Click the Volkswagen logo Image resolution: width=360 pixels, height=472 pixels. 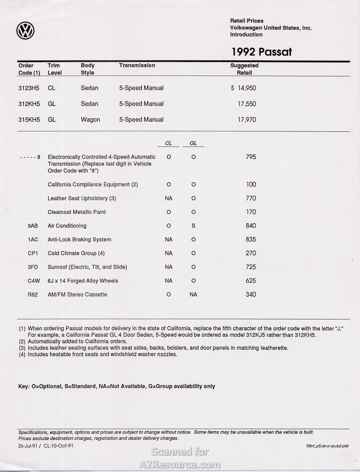(x=26, y=31)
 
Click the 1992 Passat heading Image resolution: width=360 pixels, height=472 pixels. (x=262, y=52)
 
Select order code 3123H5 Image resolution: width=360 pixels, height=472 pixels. (x=29, y=88)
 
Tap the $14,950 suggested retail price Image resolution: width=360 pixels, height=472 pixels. (x=244, y=88)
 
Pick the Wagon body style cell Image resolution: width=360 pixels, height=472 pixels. (x=90, y=120)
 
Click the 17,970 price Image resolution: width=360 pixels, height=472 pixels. (x=247, y=120)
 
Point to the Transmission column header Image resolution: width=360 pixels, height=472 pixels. (x=137, y=66)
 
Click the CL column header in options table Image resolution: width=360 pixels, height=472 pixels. (x=168, y=143)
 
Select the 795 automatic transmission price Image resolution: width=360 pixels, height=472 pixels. (x=251, y=157)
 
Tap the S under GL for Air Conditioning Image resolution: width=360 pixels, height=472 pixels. (x=193, y=226)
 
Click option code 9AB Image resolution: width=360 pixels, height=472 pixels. (x=33, y=226)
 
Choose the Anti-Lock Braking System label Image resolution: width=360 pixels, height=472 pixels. (x=79, y=240)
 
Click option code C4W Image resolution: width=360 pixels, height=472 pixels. (x=34, y=281)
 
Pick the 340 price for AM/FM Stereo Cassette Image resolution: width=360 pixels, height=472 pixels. (x=251, y=295)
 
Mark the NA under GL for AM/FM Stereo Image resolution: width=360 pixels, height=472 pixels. (x=193, y=295)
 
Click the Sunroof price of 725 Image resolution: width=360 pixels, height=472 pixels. (x=251, y=267)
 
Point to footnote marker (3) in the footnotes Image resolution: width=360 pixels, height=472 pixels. (x=22, y=348)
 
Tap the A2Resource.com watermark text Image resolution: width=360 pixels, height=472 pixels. (x=180, y=464)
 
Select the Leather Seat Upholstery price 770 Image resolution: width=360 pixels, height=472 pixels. (x=251, y=198)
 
